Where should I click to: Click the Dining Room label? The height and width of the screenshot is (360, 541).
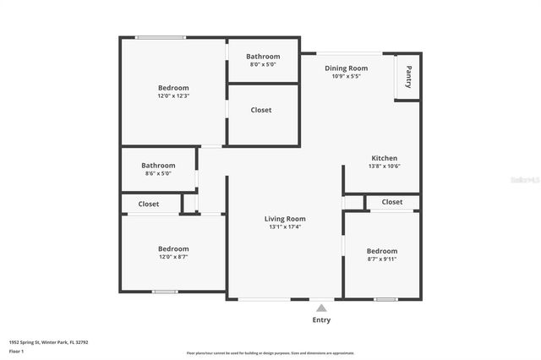(347, 68)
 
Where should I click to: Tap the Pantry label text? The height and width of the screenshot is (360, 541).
(409, 77)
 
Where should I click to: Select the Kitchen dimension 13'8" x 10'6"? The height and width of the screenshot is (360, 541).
(384, 166)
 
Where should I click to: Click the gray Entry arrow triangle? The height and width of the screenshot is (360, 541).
(321, 308)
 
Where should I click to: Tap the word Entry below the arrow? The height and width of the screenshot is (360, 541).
(321, 320)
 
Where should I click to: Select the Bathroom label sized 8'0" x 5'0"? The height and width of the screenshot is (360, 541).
(263, 57)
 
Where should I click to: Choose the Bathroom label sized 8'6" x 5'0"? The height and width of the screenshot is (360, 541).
(158, 166)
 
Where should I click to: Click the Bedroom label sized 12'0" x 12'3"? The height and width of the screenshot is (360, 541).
(173, 88)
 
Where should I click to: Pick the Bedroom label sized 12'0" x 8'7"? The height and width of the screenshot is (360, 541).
(173, 248)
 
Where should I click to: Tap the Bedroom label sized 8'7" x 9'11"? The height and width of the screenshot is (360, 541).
(382, 251)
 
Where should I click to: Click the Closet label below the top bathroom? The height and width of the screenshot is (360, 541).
(261, 110)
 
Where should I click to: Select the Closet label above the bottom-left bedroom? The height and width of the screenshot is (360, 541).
(149, 204)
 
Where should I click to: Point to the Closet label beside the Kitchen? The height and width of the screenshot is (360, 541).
(392, 202)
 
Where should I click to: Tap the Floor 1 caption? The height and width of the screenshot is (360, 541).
(17, 350)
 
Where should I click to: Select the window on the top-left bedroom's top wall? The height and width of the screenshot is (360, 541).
(161, 37)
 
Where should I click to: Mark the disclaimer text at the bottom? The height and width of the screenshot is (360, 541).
(270, 353)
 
